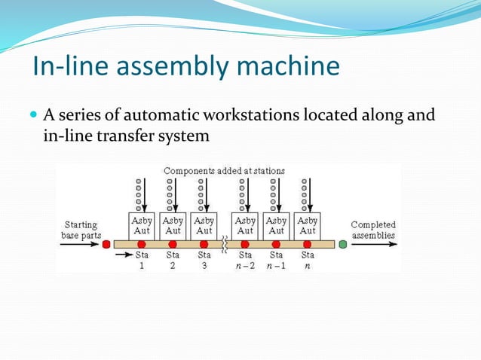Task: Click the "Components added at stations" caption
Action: click(x=224, y=171)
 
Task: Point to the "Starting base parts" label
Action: click(x=81, y=230)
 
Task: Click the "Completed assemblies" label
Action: click(x=373, y=230)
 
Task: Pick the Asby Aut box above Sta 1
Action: click(x=142, y=225)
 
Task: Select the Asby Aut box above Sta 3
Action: click(x=204, y=225)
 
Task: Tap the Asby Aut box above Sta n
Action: click(x=307, y=225)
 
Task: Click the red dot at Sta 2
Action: click(x=173, y=245)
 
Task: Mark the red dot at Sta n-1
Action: click(x=276, y=245)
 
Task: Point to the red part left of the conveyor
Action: click(x=106, y=245)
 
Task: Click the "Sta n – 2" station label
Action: click(x=245, y=260)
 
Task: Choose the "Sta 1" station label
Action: click(x=141, y=260)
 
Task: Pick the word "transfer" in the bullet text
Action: click(x=123, y=136)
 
